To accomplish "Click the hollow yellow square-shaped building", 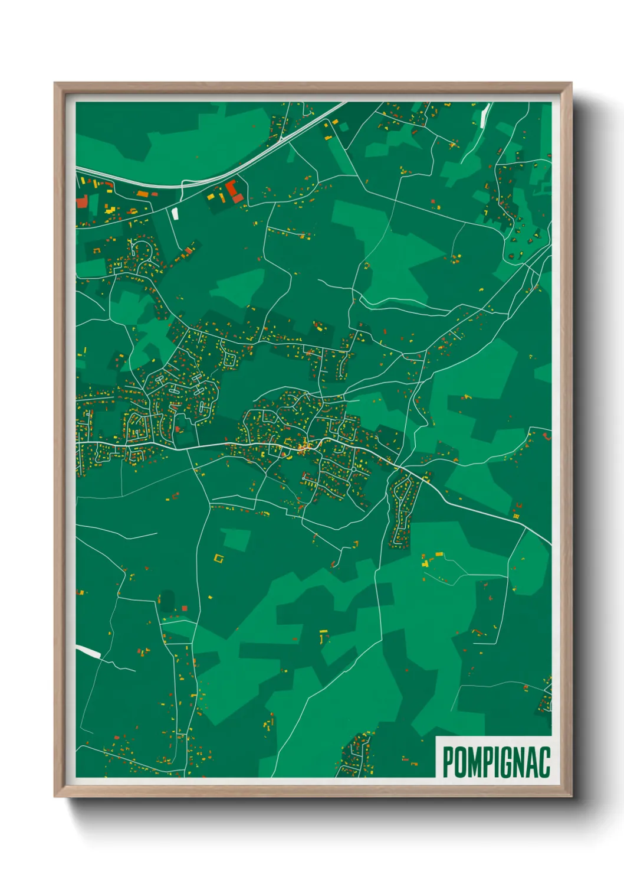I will click(x=219, y=558).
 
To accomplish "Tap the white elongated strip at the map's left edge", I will click(x=88, y=651).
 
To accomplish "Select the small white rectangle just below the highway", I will click(x=175, y=213).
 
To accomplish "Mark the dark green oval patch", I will click(x=168, y=601).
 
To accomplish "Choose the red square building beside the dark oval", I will click(x=185, y=608).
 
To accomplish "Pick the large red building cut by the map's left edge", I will click(x=81, y=201).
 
